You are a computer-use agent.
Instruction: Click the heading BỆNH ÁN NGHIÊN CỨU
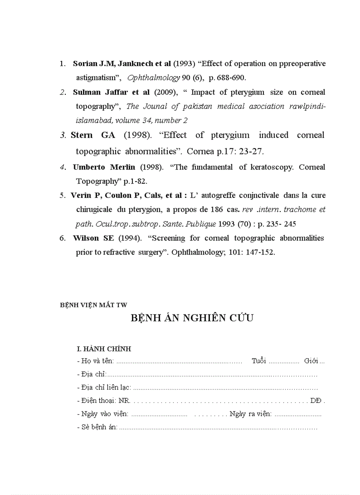pyautogui.click(x=192, y=318)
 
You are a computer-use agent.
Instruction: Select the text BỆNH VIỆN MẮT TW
pyautogui.click(x=94, y=304)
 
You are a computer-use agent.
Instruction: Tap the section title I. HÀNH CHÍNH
pyautogui.click(x=104, y=349)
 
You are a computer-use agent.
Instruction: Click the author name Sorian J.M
pyautogui.click(x=92, y=63)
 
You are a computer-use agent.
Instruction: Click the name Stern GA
pyautogui.click(x=93, y=135)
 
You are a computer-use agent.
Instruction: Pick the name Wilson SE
pyautogui.click(x=93, y=238)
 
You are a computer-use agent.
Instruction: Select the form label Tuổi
pyautogui.click(x=259, y=361)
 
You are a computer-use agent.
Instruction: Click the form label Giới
pyautogui.click(x=311, y=361)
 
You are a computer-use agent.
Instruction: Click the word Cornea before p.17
pyautogui.click(x=199, y=151)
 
